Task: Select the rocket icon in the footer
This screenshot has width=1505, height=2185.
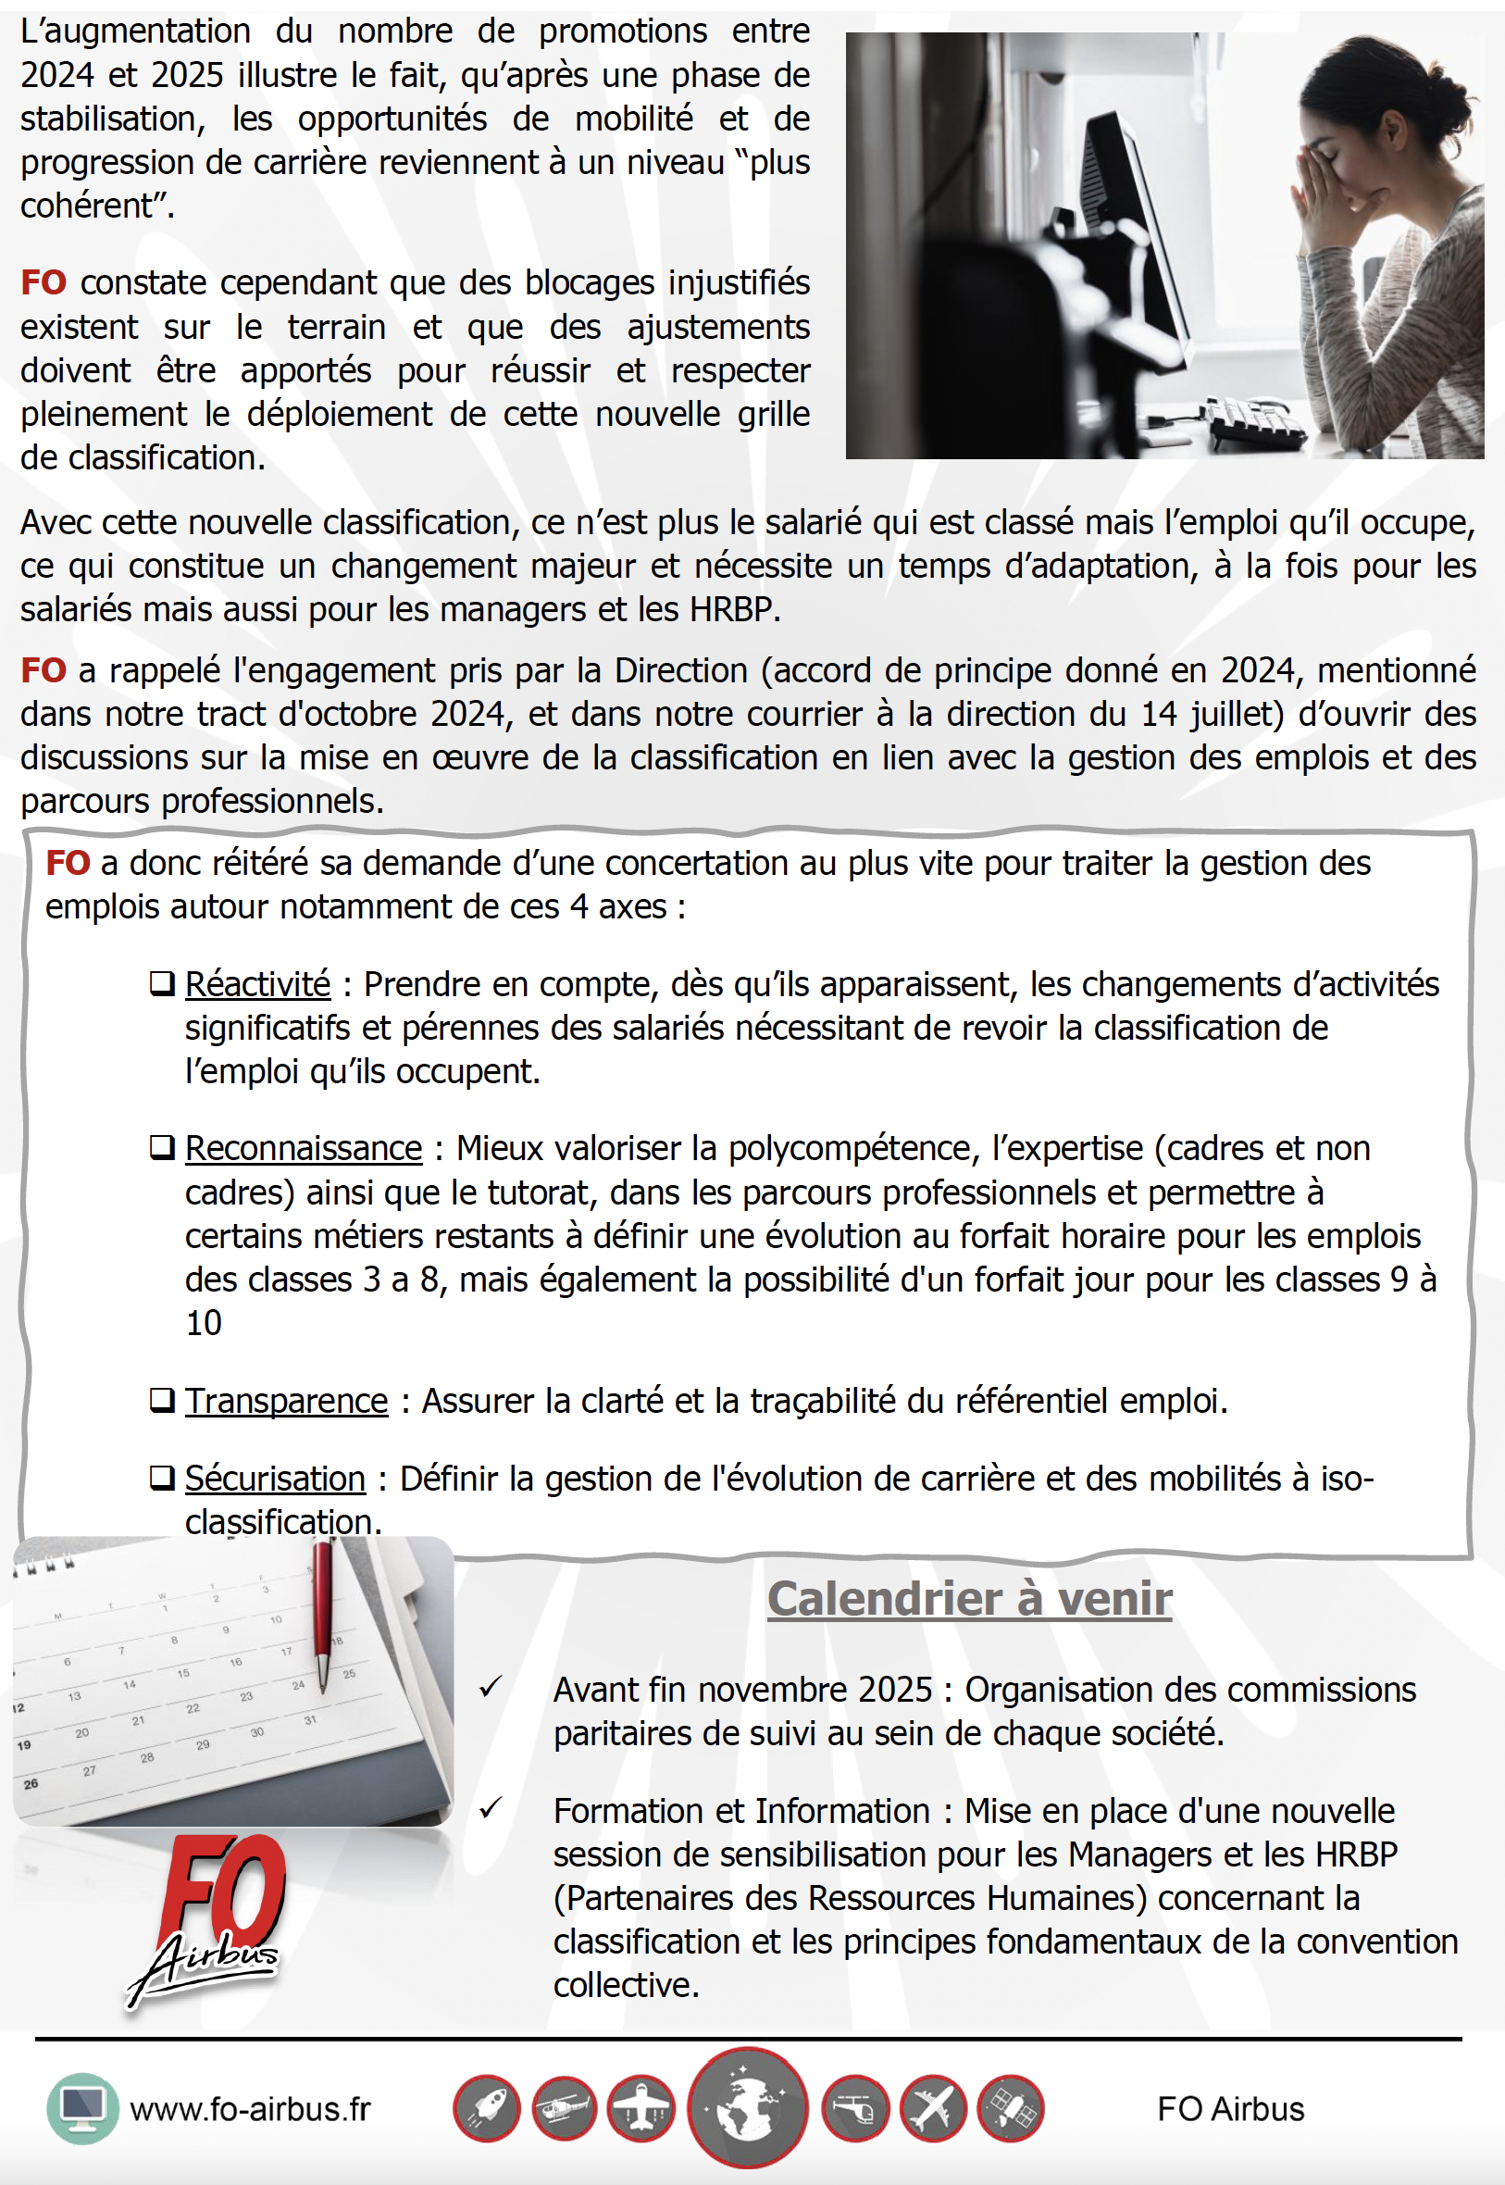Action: (487, 2108)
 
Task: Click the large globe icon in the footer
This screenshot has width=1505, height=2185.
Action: (747, 2107)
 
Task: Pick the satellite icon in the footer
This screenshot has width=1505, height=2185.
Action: (1010, 2108)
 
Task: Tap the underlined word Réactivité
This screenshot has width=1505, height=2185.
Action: (257, 984)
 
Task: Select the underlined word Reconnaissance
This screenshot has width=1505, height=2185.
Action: (303, 1149)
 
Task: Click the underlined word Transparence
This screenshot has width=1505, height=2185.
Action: (286, 1402)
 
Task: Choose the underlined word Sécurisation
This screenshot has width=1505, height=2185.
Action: (274, 1479)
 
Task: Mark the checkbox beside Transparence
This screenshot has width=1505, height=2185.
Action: (162, 1401)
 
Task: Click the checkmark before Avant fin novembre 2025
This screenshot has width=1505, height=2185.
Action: (491, 1687)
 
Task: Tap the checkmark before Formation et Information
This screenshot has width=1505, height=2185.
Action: (491, 1808)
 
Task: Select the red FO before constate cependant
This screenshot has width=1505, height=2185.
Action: (44, 283)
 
